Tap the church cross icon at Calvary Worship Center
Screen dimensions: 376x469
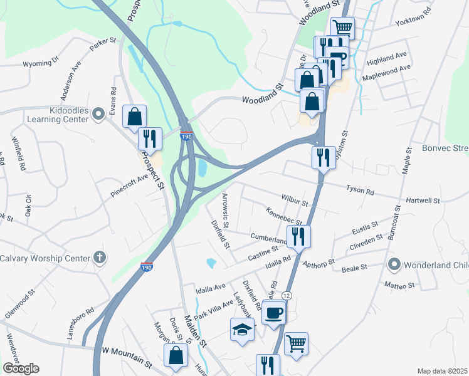click(x=99, y=258)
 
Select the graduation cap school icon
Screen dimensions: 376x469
click(x=242, y=329)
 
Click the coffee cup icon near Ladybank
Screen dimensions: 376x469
click(x=273, y=311)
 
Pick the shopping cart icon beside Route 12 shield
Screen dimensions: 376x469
click(x=296, y=343)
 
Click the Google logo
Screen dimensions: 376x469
click(x=21, y=368)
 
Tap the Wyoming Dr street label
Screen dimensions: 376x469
click(x=40, y=63)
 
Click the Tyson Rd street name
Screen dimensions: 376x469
click(x=360, y=189)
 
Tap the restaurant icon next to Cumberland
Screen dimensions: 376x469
click(x=298, y=236)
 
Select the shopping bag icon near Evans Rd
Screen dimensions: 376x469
click(x=135, y=116)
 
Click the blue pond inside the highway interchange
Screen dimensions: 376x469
click(x=203, y=169)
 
